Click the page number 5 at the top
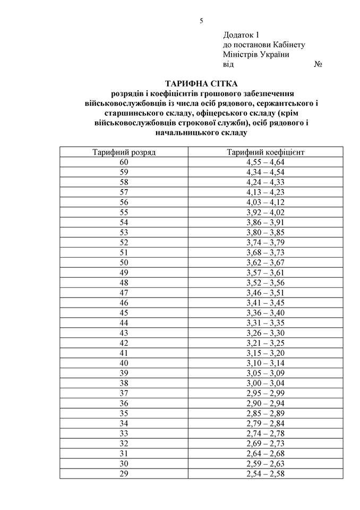(x=201, y=21)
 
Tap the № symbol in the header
(x=320, y=64)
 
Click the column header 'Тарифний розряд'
(x=124, y=152)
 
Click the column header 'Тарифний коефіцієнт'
(x=265, y=152)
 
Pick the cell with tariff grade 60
(x=124, y=162)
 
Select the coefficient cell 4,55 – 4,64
(x=265, y=162)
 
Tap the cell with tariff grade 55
(x=124, y=211)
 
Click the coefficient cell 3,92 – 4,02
(x=265, y=211)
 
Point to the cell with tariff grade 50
(x=124, y=262)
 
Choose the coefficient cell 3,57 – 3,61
(x=265, y=273)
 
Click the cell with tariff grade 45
(x=124, y=312)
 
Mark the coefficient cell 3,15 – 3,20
(x=265, y=353)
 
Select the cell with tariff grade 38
(x=124, y=383)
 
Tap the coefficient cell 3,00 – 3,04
(x=265, y=383)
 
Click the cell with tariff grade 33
(x=124, y=433)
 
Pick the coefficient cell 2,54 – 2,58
(x=265, y=473)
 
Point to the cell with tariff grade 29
(x=124, y=473)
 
